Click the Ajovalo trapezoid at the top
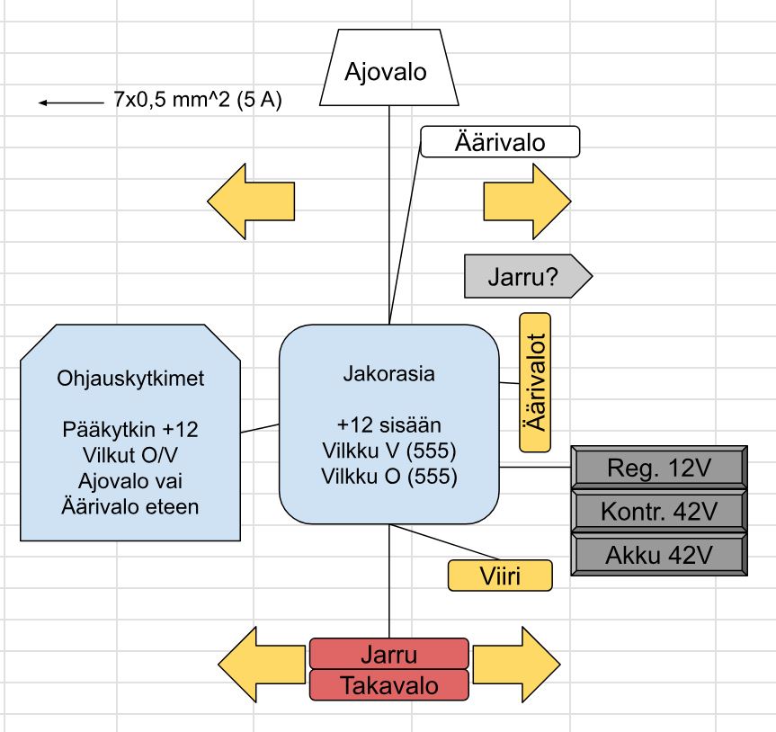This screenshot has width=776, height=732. click(388, 70)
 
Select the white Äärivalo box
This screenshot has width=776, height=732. click(500, 142)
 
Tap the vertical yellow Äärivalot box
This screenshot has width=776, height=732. click(535, 382)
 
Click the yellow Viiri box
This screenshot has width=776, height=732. click(500, 575)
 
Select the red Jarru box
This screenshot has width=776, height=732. click(388, 654)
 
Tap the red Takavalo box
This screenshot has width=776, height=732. click(388, 685)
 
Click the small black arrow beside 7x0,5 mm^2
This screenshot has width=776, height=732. click(70, 103)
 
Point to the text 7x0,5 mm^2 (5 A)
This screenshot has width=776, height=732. click(198, 101)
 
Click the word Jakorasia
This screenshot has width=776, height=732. click(388, 374)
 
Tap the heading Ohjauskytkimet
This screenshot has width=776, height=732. click(130, 379)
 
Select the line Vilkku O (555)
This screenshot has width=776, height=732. click(388, 477)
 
